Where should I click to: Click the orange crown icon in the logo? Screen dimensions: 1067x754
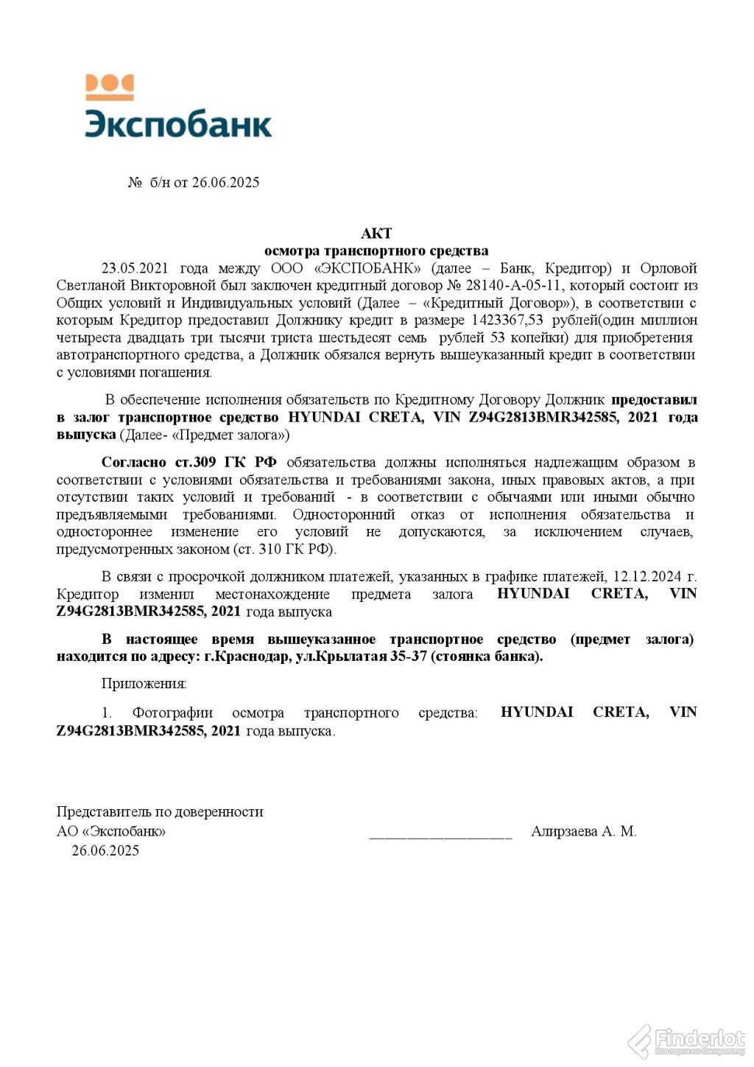click(110, 87)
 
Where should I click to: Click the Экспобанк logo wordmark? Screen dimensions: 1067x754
click(178, 124)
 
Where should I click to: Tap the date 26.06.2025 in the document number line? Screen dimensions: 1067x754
click(225, 183)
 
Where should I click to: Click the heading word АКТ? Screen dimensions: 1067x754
click(376, 234)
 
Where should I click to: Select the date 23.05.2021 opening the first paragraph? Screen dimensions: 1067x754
click(135, 268)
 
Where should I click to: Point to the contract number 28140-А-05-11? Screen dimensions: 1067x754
click(509, 286)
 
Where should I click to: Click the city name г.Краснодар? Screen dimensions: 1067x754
click(247, 657)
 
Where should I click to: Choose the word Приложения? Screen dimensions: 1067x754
click(144, 684)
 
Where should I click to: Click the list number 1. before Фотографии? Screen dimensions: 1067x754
click(107, 713)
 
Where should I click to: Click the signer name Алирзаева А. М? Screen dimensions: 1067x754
click(583, 832)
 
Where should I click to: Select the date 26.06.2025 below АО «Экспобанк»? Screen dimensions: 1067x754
click(105, 851)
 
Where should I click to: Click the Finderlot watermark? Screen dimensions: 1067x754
click(688, 1040)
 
